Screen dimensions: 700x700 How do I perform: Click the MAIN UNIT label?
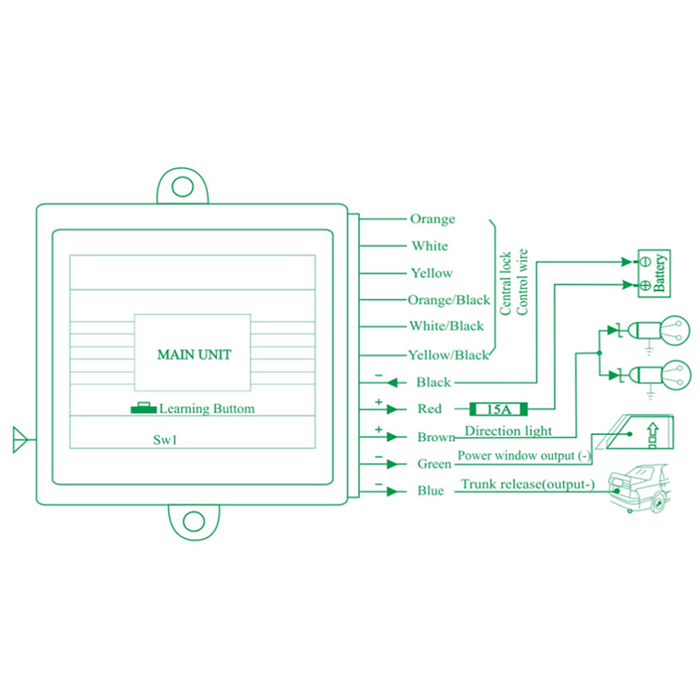click(x=193, y=355)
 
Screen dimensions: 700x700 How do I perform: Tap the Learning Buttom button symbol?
click(x=141, y=408)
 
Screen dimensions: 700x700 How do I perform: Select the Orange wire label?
click(x=432, y=219)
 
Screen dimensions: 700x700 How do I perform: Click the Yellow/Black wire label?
click(x=449, y=355)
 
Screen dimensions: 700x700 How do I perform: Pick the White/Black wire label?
click(x=446, y=326)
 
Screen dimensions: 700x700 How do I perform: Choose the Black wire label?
click(x=434, y=382)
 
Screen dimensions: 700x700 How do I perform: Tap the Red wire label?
click(x=429, y=409)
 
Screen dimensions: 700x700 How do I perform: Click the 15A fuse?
click(x=498, y=409)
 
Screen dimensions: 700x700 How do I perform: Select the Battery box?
click(x=651, y=273)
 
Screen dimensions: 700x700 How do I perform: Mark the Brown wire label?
click(x=436, y=437)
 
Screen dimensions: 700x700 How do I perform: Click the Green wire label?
click(x=434, y=464)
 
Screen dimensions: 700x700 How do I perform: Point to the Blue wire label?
click(x=430, y=491)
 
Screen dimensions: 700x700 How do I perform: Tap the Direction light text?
click(x=508, y=430)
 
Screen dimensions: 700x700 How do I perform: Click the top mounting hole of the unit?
click(x=182, y=186)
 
